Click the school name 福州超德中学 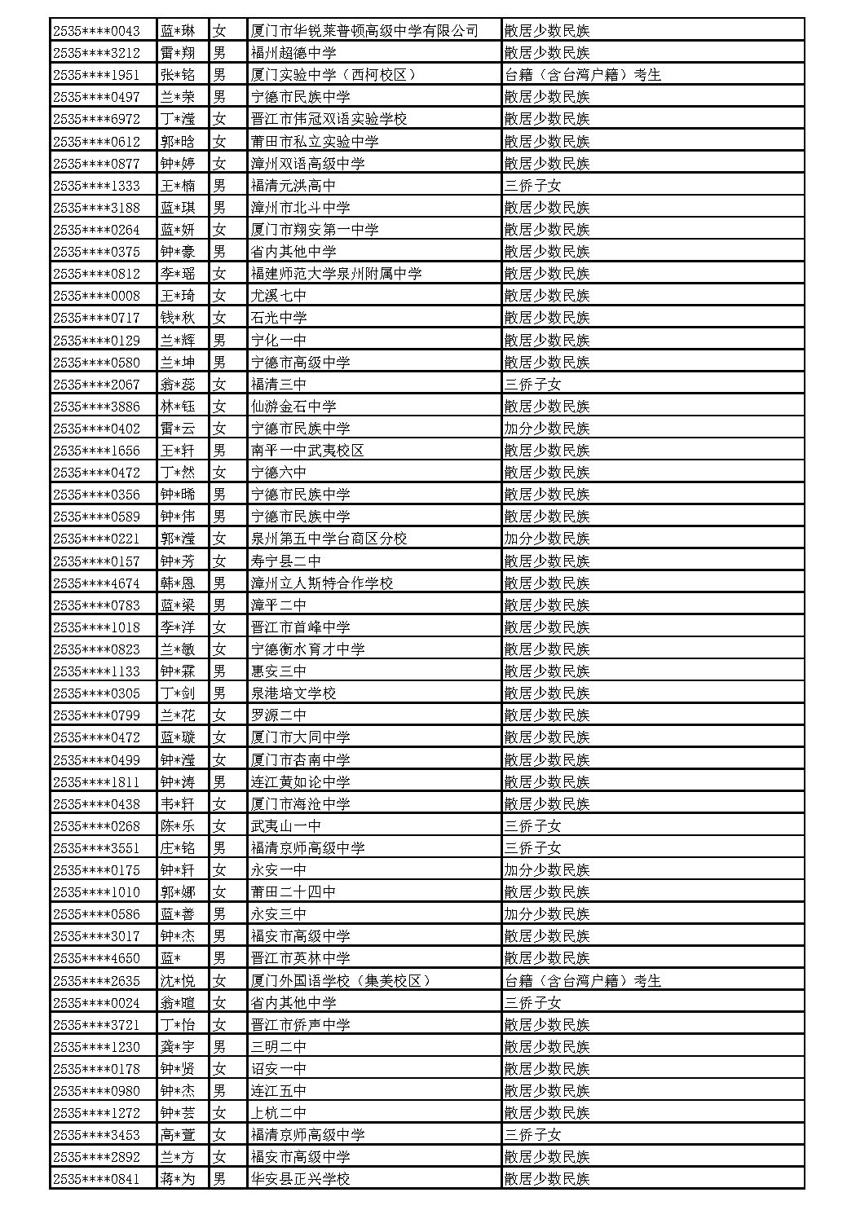click(293, 53)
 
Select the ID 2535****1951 click(96, 75)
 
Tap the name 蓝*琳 click(178, 31)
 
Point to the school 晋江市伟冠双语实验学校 click(329, 119)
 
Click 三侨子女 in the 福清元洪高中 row click(532, 186)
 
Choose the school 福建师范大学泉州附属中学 click(336, 274)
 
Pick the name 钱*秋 click(178, 318)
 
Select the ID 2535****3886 click(96, 406)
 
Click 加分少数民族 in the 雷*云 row click(546, 428)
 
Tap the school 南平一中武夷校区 click(307, 451)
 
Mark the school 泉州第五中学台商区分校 click(329, 539)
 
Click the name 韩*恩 click(178, 583)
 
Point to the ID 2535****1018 click(96, 627)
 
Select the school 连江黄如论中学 click(300, 781)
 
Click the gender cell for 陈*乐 click(219, 825)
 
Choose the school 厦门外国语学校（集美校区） click(340, 980)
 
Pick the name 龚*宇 click(178, 1046)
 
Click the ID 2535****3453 click(96, 1134)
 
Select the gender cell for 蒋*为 click(219, 1178)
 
